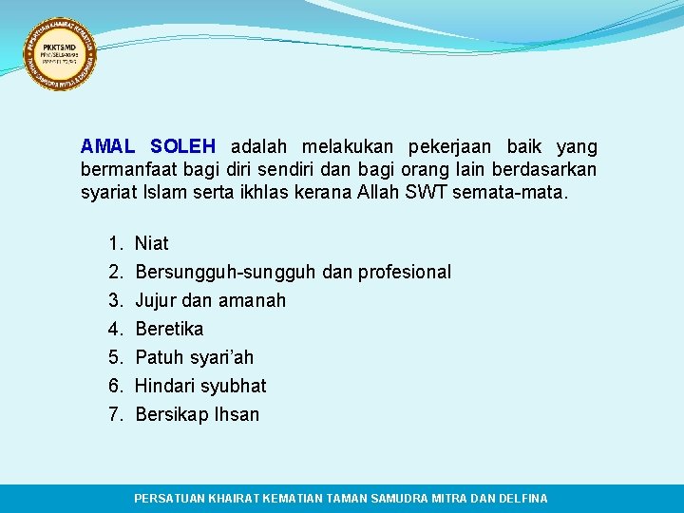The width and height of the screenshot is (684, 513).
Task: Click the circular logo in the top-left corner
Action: click(60, 54)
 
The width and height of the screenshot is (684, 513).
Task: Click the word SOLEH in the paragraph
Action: click(182, 147)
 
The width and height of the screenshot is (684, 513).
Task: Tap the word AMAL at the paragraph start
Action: click(107, 147)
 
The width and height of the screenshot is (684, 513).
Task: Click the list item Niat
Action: click(152, 243)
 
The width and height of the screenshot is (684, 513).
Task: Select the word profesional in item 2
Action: click(404, 272)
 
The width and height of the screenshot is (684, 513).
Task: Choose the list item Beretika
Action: click(169, 329)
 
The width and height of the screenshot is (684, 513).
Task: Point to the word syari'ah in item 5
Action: click(221, 358)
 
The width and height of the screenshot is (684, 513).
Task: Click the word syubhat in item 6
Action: click(234, 386)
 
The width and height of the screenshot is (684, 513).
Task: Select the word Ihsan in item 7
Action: click(237, 414)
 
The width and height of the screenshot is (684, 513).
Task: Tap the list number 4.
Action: click(114, 329)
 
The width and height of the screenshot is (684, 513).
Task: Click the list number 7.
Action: click(114, 414)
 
